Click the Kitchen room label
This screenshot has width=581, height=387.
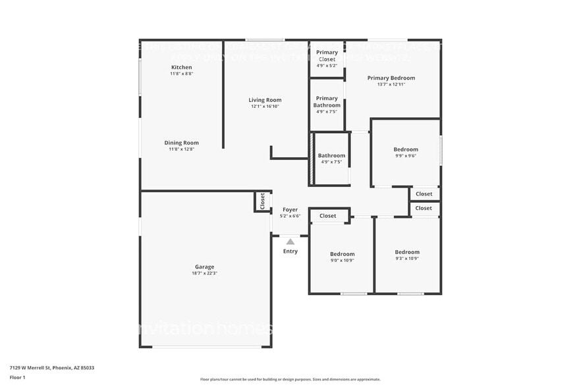point(181,68)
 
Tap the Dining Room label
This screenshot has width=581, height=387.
point(181,143)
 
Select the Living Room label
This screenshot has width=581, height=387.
point(265,100)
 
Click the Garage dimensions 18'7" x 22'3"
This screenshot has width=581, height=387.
point(204,273)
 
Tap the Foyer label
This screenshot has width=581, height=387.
point(290,210)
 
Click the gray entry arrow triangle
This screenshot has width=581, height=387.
point(290,242)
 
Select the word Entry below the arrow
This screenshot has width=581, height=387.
point(290,251)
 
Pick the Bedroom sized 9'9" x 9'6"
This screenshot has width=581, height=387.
point(406,149)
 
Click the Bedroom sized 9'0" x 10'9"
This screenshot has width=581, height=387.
point(343,254)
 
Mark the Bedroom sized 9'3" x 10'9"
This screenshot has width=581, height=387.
point(407,252)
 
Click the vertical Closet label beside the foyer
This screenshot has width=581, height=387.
point(262,201)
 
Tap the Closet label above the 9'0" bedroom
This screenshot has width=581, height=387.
point(328,216)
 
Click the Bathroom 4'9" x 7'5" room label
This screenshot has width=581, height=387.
point(331,156)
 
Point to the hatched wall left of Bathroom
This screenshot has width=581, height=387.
point(312,159)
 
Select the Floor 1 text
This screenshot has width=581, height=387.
point(17,377)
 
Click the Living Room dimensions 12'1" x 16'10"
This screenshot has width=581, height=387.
point(265,107)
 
